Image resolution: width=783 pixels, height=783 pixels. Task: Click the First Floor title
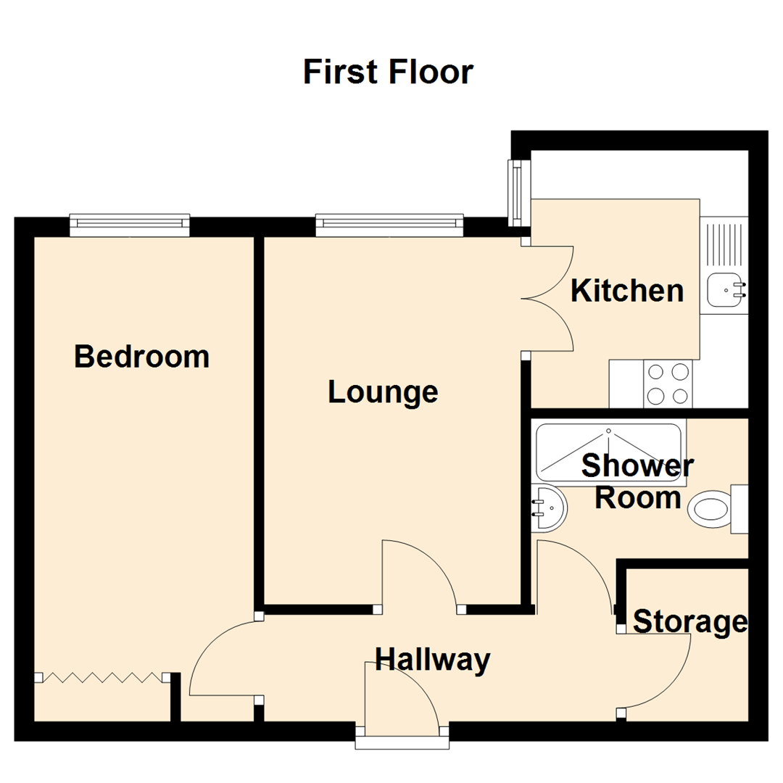click(388, 72)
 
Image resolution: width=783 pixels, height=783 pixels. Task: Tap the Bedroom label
click(141, 357)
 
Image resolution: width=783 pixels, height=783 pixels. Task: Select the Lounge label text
click(383, 391)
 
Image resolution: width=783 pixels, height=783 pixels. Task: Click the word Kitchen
click(627, 291)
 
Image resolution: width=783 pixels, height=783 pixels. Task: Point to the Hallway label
click(433, 660)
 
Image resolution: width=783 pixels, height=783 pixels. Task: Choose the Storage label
click(689, 622)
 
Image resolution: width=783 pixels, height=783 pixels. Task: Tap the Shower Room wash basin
click(548, 507)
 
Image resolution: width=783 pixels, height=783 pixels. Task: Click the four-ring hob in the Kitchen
click(668, 384)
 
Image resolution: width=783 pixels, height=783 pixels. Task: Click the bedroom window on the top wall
click(130, 225)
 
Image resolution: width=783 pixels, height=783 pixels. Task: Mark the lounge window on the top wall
click(389, 225)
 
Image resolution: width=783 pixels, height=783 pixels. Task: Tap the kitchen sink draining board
click(723, 244)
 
